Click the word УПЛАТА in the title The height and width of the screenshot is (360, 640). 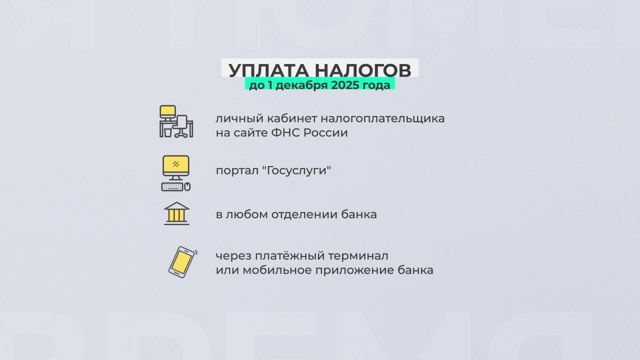(268, 70)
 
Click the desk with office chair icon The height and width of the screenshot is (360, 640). (176, 121)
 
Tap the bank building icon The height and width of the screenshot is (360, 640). (176, 213)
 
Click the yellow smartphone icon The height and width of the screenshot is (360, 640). (182, 262)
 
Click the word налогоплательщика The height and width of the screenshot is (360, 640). (382, 119)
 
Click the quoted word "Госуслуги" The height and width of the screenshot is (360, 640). (296, 170)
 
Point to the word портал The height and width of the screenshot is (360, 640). (237, 171)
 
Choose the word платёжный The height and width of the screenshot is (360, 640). (289, 256)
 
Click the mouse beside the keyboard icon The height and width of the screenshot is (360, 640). (187, 187)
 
